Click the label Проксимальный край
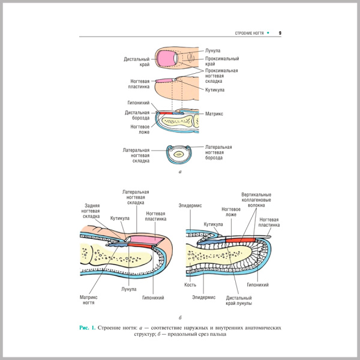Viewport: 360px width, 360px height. coord(222,61)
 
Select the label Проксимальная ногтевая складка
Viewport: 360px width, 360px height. coord(221,76)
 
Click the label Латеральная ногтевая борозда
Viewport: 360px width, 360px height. coord(218,152)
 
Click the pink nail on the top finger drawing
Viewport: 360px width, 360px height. coord(165,58)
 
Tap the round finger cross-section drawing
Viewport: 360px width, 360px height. coord(178,154)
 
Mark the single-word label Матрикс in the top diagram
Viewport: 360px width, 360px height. coord(214,113)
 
